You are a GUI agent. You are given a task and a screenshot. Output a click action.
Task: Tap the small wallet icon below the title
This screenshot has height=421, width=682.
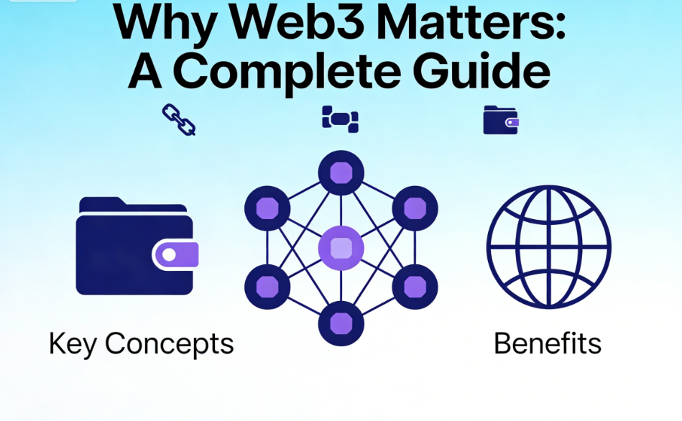(501, 120)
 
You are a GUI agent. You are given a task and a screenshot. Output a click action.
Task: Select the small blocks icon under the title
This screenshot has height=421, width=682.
(340, 119)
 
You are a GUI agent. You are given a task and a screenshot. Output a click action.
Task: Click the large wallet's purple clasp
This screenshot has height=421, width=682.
(175, 254)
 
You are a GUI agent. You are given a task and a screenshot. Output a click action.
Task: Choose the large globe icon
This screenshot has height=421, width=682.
(548, 247)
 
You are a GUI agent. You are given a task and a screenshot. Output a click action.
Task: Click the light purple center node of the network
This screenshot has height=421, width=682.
(341, 248)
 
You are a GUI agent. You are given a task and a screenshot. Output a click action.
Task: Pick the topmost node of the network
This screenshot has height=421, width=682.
(341, 172)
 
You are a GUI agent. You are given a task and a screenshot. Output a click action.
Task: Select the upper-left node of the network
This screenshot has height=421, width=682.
(267, 208)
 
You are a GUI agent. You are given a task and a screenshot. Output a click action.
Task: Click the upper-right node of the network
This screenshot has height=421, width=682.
(415, 208)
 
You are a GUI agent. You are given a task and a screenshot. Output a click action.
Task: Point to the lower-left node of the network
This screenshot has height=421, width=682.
(267, 287)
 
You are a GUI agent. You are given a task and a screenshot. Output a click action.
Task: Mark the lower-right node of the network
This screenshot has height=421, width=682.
(415, 287)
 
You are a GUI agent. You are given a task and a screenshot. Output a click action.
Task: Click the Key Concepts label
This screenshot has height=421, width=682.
(142, 345)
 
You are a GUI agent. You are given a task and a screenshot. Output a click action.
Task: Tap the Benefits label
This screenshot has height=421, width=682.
(548, 344)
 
